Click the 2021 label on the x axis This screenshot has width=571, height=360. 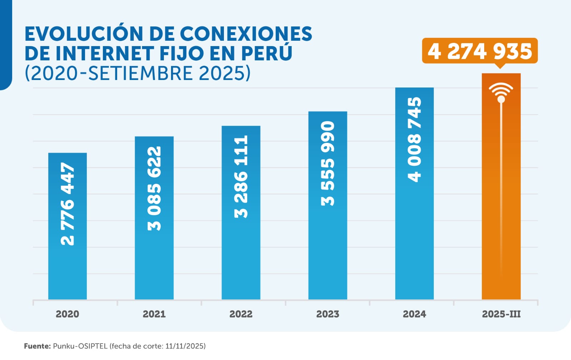click(154, 314)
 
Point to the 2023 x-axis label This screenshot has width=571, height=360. click(328, 314)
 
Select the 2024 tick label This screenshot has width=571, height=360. click(414, 314)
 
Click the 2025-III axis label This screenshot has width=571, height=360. click(501, 314)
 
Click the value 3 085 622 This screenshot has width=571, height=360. click(154, 188)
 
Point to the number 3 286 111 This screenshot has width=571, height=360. click(241, 176)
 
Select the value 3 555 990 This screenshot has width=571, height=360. click(328, 163)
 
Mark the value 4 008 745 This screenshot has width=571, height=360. click(414, 139)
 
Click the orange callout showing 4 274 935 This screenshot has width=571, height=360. click(480, 51)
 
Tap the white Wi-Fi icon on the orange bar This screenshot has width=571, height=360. click(501, 91)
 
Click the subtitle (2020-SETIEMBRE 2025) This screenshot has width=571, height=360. click(137, 73)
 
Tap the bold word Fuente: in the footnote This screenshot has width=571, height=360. click(37, 346)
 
